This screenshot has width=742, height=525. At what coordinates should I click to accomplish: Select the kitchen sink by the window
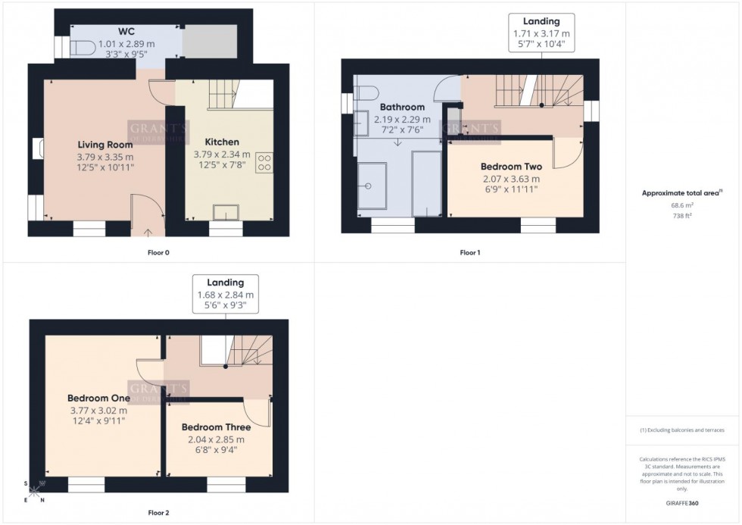point(225,211)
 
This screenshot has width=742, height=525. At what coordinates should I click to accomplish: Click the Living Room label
point(105,145)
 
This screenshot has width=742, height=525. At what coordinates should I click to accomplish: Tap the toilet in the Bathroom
point(367,94)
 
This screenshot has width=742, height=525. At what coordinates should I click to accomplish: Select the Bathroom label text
point(402,108)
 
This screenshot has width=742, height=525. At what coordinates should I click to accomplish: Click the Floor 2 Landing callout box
point(226,293)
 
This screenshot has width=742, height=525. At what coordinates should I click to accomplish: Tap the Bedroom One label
point(98,398)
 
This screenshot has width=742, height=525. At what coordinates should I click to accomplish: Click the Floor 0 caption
point(158,252)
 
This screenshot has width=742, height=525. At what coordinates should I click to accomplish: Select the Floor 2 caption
point(157,513)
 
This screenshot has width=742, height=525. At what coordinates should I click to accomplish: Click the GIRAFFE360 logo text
point(682,502)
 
